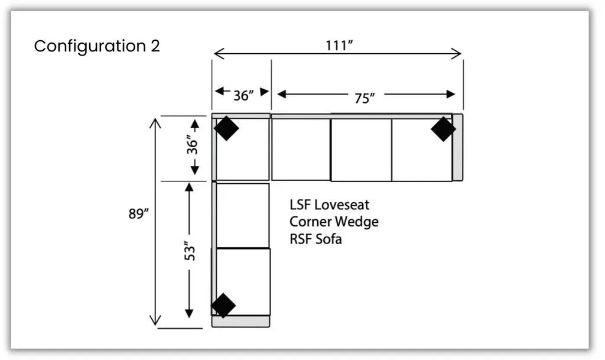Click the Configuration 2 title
(x=97, y=46)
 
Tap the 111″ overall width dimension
(x=339, y=46)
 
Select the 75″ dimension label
(x=365, y=98)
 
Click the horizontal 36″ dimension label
(x=243, y=95)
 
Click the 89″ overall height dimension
(x=137, y=214)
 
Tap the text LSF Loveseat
(x=329, y=205)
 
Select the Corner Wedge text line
(x=334, y=222)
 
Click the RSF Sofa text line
(x=315, y=239)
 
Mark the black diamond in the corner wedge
(x=226, y=128)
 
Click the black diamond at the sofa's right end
(x=443, y=129)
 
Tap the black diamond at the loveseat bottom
(x=223, y=305)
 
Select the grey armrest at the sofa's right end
(x=457, y=147)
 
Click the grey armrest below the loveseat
(x=240, y=322)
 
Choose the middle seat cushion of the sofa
(x=360, y=150)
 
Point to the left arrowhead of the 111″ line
(x=217, y=54)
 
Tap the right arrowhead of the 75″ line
(x=451, y=94)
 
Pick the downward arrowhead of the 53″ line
(x=189, y=313)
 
